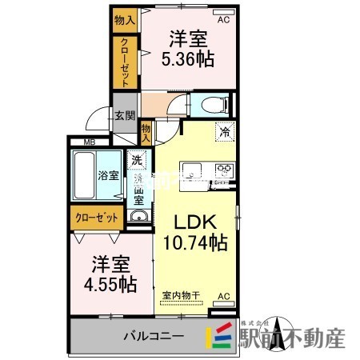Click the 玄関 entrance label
coord(124,115)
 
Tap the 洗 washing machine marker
coord(137,159)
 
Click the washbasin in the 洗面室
coord(138,218)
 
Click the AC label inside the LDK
coord(224,296)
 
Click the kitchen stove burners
coord(223,169)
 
